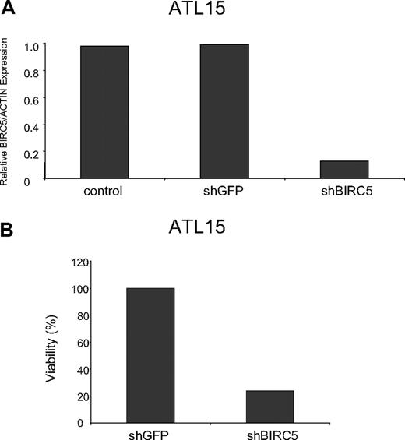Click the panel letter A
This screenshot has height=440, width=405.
pyautogui.click(x=7, y=9)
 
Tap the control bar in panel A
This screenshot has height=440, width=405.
pyautogui.click(x=104, y=112)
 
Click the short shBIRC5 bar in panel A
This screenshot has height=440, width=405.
pyautogui.click(x=343, y=170)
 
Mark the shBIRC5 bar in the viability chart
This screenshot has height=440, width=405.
pyautogui.click(x=270, y=406)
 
